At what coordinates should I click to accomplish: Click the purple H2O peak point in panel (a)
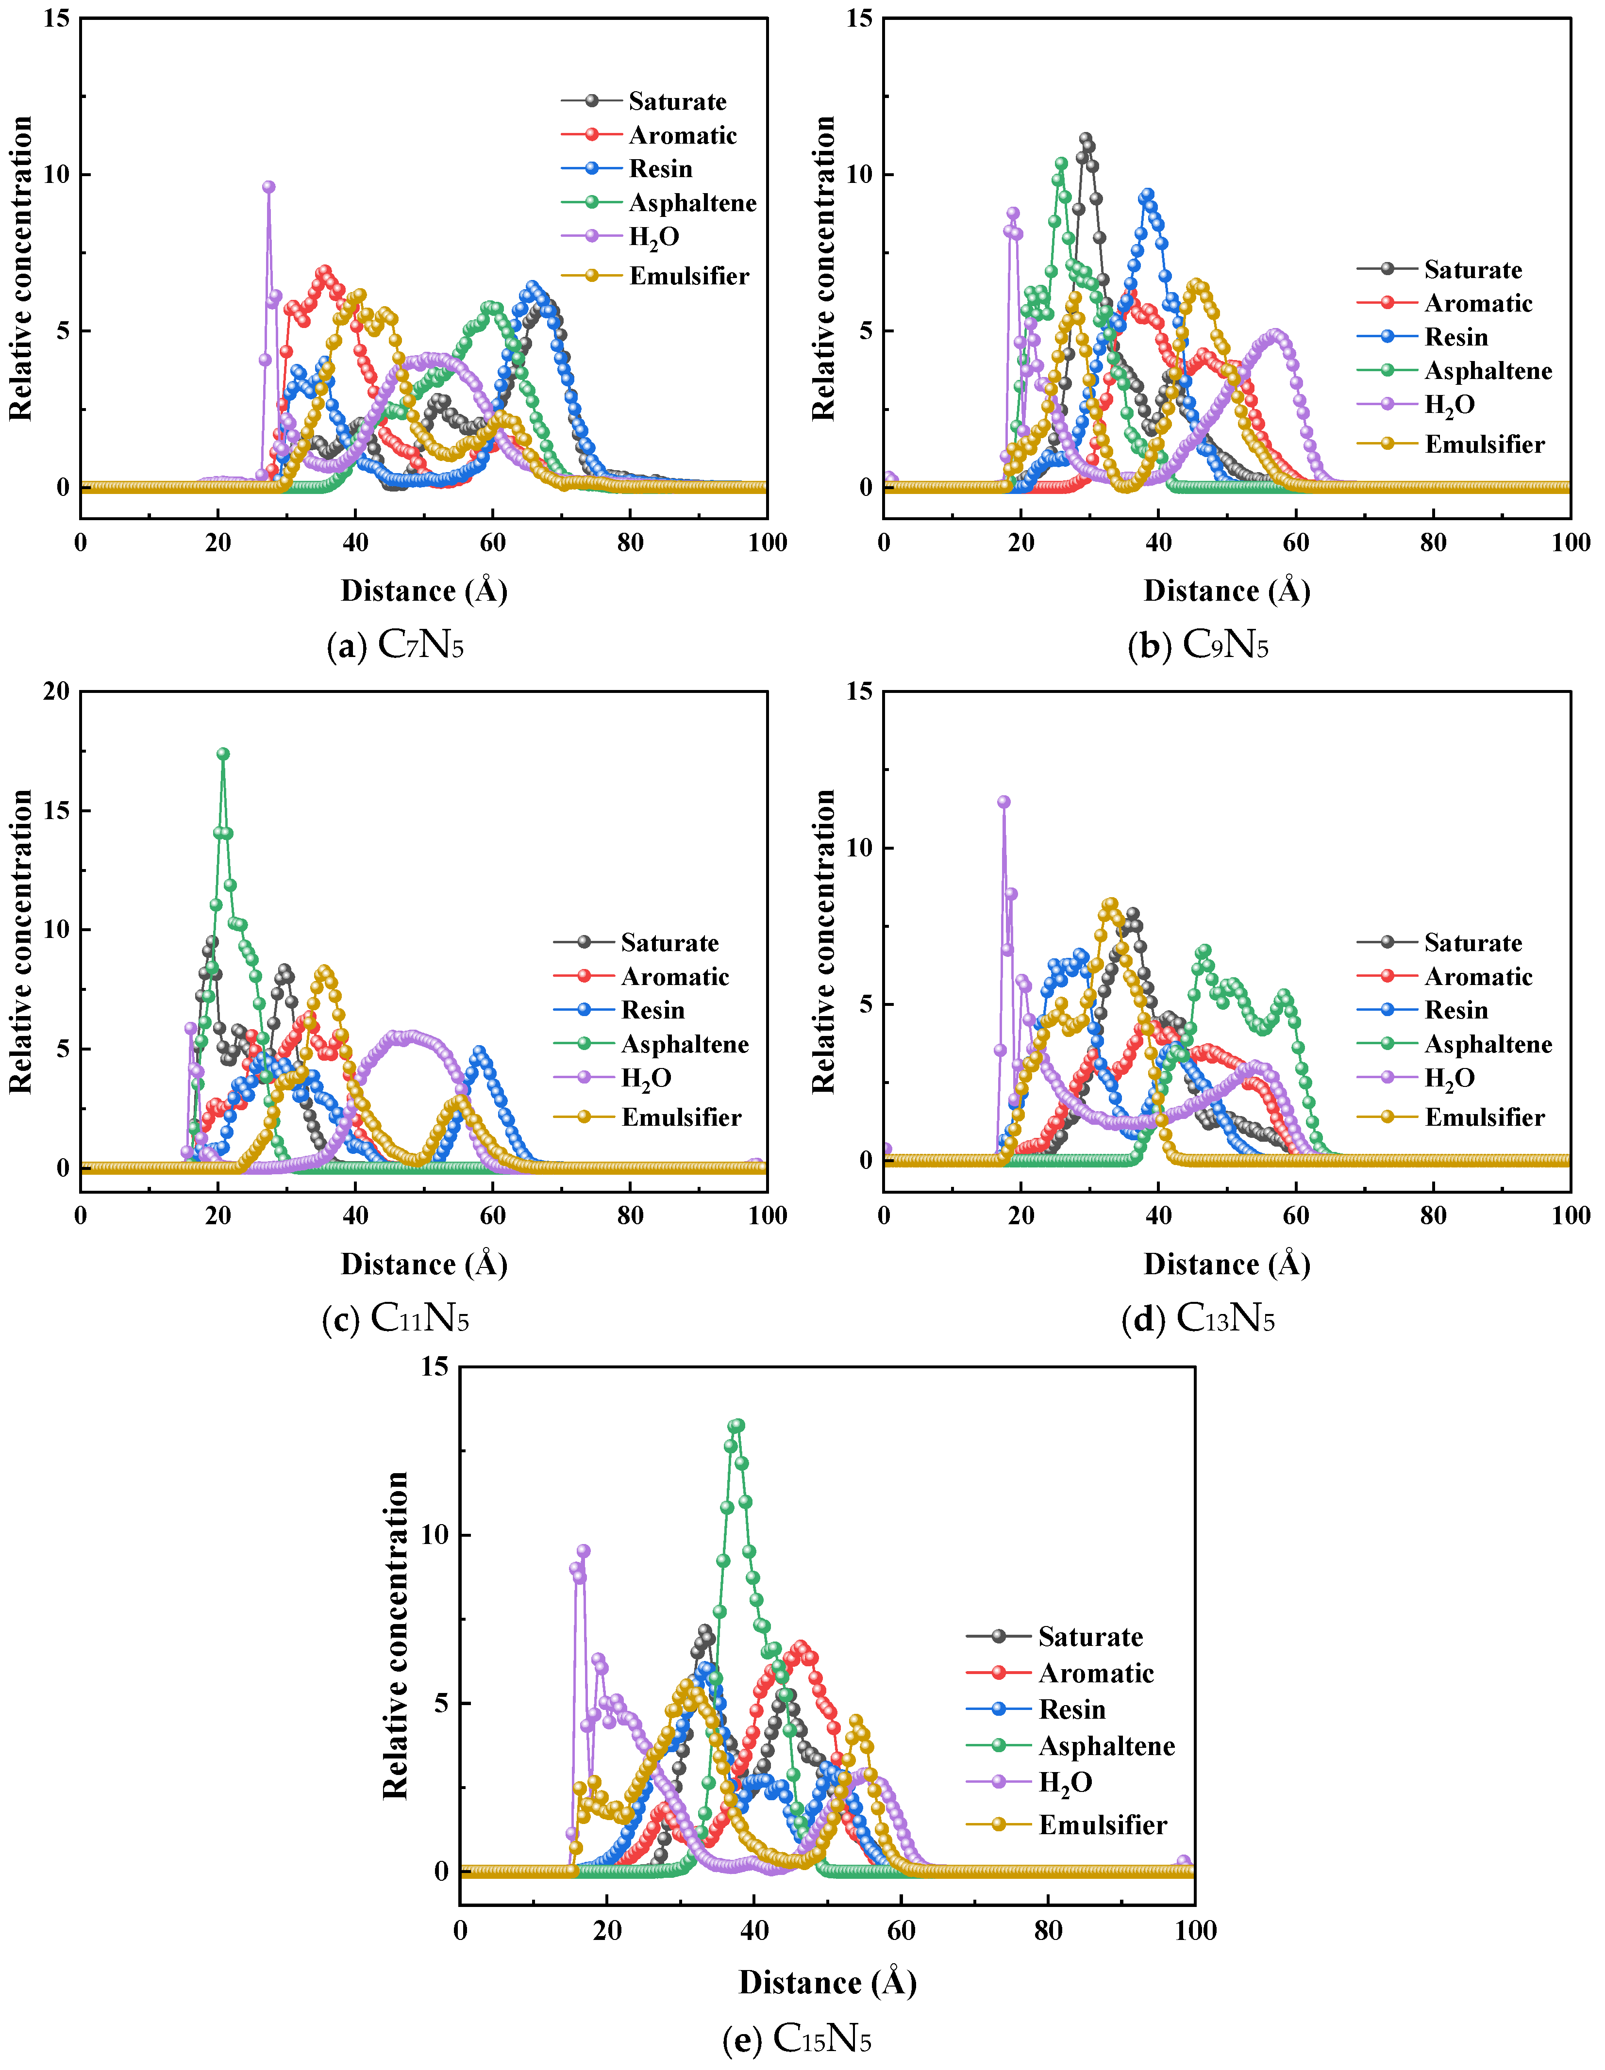pos(268,187)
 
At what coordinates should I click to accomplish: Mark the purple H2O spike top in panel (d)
pos(1003,801)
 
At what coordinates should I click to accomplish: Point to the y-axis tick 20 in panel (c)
pos(57,691)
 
